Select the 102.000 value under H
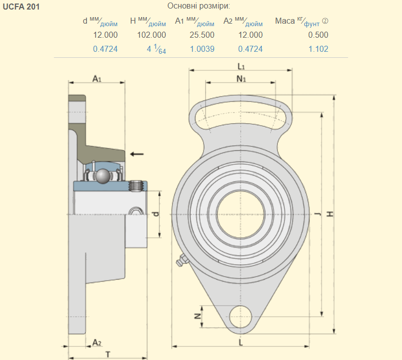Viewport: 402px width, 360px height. point(151,35)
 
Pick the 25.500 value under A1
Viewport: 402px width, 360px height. point(202,35)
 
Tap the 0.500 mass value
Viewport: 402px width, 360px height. point(318,35)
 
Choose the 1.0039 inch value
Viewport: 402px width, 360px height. point(202,49)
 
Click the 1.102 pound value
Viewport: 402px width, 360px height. point(318,49)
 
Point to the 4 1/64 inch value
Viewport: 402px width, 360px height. point(156,49)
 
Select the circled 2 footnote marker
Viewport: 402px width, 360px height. point(325,21)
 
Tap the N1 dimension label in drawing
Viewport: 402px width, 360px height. point(241,78)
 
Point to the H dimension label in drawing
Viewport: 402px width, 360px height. point(330,214)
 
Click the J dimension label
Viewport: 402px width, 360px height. point(318,214)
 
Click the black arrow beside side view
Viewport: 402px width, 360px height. point(136,154)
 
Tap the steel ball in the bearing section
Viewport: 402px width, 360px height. point(104,176)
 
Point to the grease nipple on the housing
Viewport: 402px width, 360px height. point(181,260)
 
